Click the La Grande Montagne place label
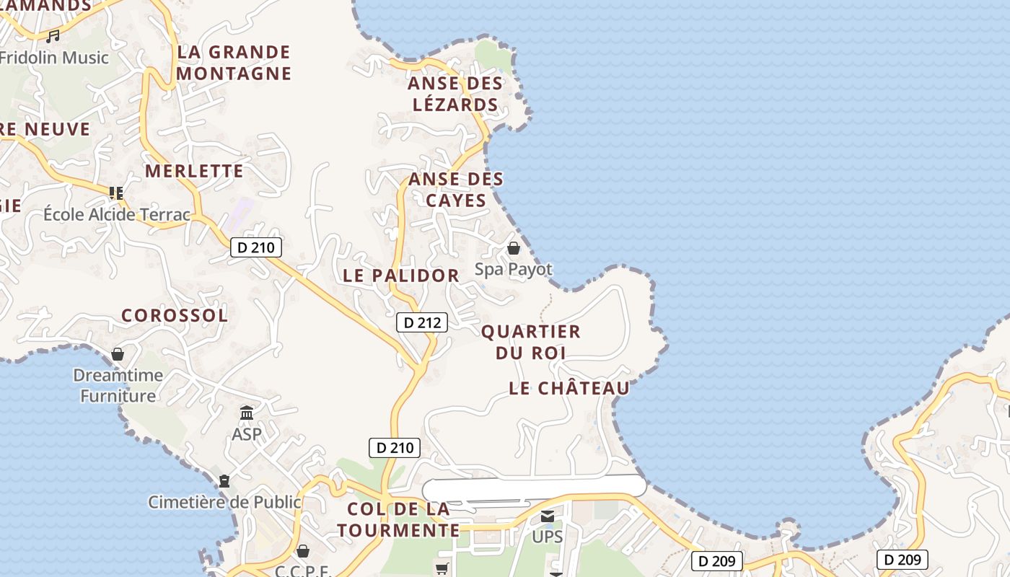coord(234,63)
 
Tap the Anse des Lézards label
coord(455,94)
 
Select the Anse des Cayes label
coord(456,189)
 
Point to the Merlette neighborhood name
coord(194,171)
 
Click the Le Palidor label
coord(401,276)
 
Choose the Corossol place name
coord(175,315)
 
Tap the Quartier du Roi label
coord(531,342)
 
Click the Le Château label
coord(569,388)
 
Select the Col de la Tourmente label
coord(398,519)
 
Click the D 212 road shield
coord(422,322)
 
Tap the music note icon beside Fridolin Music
coord(53,36)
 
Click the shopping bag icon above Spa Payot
coord(514,249)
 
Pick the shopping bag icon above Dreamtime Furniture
coord(118,354)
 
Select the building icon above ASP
coord(247,413)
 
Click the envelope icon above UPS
coord(548,516)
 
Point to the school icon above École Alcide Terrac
coord(116,193)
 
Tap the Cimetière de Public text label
coord(224,502)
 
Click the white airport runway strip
coord(534,487)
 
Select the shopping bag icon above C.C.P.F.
coord(303,552)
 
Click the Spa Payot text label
coord(514,270)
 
